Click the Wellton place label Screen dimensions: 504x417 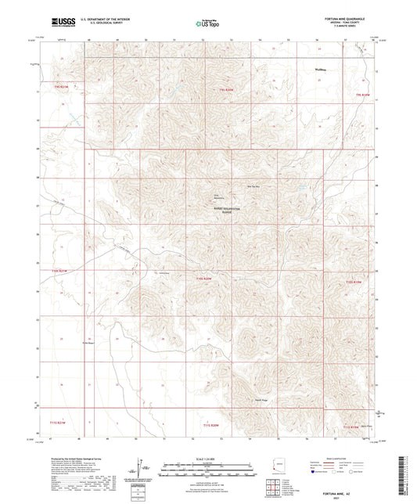tap(320, 70)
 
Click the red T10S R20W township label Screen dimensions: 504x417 tap(204, 278)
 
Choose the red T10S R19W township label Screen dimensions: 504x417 tap(355, 283)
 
